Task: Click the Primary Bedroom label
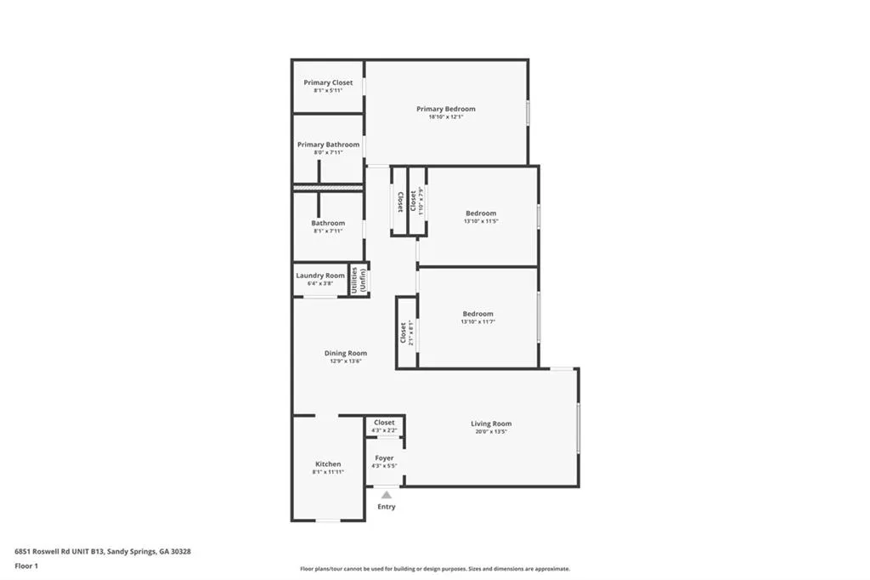pyautogui.click(x=445, y=109)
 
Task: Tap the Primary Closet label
pyautogui.click(x=328, y=82)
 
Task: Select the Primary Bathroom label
pyautogui.click(x=328, y=145)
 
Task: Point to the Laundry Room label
pyautogui.click(x=320, y=276)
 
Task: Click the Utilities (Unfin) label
pyautogui.click(x=359, y=281)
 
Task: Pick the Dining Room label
pyautogui.click(x=346, y=353)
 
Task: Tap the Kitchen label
pyautogui.click(x=328, y=464)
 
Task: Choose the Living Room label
pyautogui.click(x=491, y=424)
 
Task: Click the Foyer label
pyautogui.click(x=384, y=458)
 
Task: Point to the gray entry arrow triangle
pyautogui.click(x=387, y=494)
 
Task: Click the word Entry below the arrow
pyautogui.click(x=387, y=507)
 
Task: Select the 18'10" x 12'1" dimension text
pyautogui.click(x=445, y=117)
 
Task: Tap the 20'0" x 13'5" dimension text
pyautogui.click(x=491, y=431)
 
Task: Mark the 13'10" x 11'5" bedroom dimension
pyautogui.click(x=481, y=221)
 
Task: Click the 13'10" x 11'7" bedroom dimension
pyautogui.click(x=477, y=321)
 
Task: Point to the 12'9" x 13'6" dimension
pyautogui.click(x=346, y=361)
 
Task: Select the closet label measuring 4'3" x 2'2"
pyautogui.click(x=384, y=423)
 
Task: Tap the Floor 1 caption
pyautogui.click(x=27, y=566)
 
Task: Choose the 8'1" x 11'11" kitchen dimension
pyautogui.click(x=328, y=472)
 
